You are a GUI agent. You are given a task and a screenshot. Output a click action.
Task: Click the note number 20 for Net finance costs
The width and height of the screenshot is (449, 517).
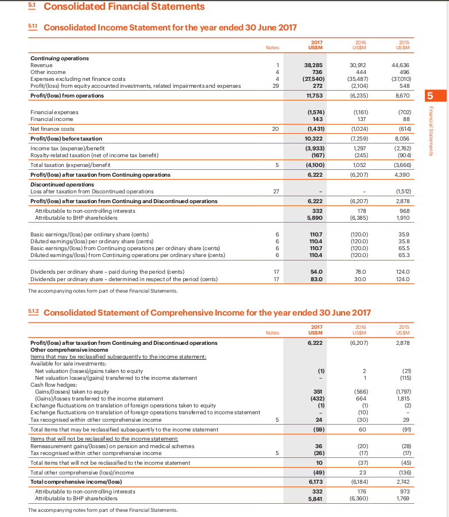coord(276,129)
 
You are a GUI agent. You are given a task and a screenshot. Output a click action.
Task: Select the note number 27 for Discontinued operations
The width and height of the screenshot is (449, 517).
coord(276,191)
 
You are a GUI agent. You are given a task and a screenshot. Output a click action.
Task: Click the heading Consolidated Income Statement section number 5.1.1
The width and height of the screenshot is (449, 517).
coord(34,27)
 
